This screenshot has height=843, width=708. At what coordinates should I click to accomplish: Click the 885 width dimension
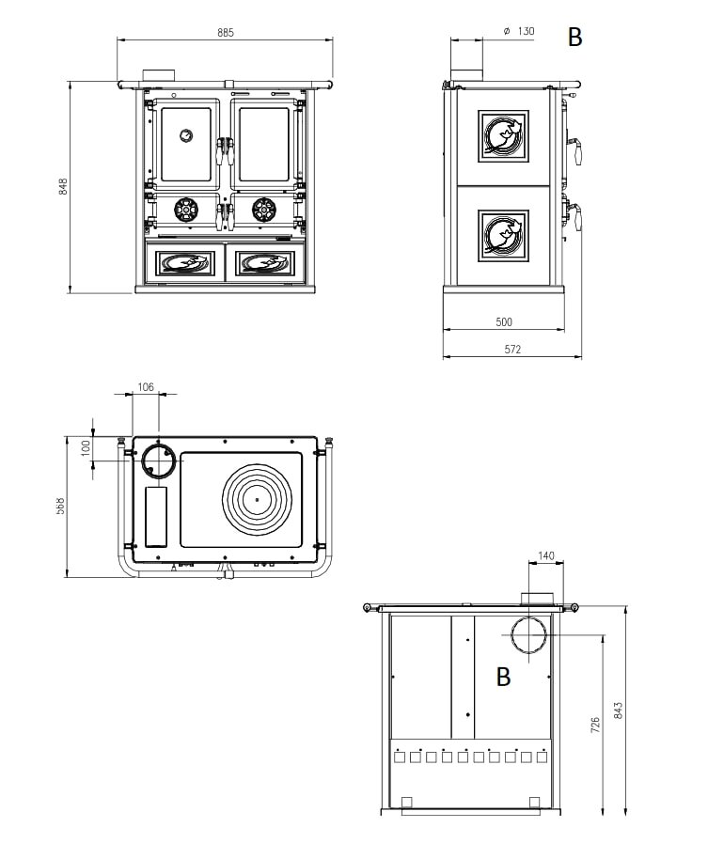225,32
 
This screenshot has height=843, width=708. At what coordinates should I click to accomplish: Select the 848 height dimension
63,186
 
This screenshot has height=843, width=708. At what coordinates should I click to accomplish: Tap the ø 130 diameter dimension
519,31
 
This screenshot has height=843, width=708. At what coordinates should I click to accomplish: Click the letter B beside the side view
575,38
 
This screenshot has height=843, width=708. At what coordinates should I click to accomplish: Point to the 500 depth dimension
503,321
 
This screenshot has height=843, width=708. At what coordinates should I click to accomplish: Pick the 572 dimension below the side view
511,350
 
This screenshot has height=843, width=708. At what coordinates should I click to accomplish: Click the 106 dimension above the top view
146,386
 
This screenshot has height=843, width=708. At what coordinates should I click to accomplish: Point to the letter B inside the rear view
503,677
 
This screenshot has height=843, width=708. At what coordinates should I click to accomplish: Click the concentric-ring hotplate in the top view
257,498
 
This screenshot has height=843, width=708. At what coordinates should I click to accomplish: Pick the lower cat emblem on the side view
503,235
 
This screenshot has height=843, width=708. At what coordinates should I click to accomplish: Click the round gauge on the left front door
186,135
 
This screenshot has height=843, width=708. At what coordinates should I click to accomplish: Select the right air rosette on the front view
262,209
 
